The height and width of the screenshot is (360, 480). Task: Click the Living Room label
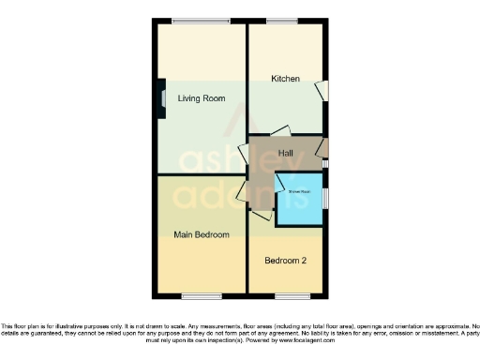[x=201, y=97]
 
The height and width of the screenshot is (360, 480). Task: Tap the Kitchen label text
[x=285, y=79]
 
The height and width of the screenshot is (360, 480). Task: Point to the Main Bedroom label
[x=202, y=234]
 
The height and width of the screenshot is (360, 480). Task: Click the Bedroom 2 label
[x=286, y=260]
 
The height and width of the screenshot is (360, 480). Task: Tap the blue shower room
[x=298, y=199]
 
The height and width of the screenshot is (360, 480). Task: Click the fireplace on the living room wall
[x=162, y=97]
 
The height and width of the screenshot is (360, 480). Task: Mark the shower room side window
[x=325, y=199]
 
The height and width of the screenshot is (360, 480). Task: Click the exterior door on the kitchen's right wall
[x=322, y=91]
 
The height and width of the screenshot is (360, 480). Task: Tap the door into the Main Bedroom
[x=243, y=193]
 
